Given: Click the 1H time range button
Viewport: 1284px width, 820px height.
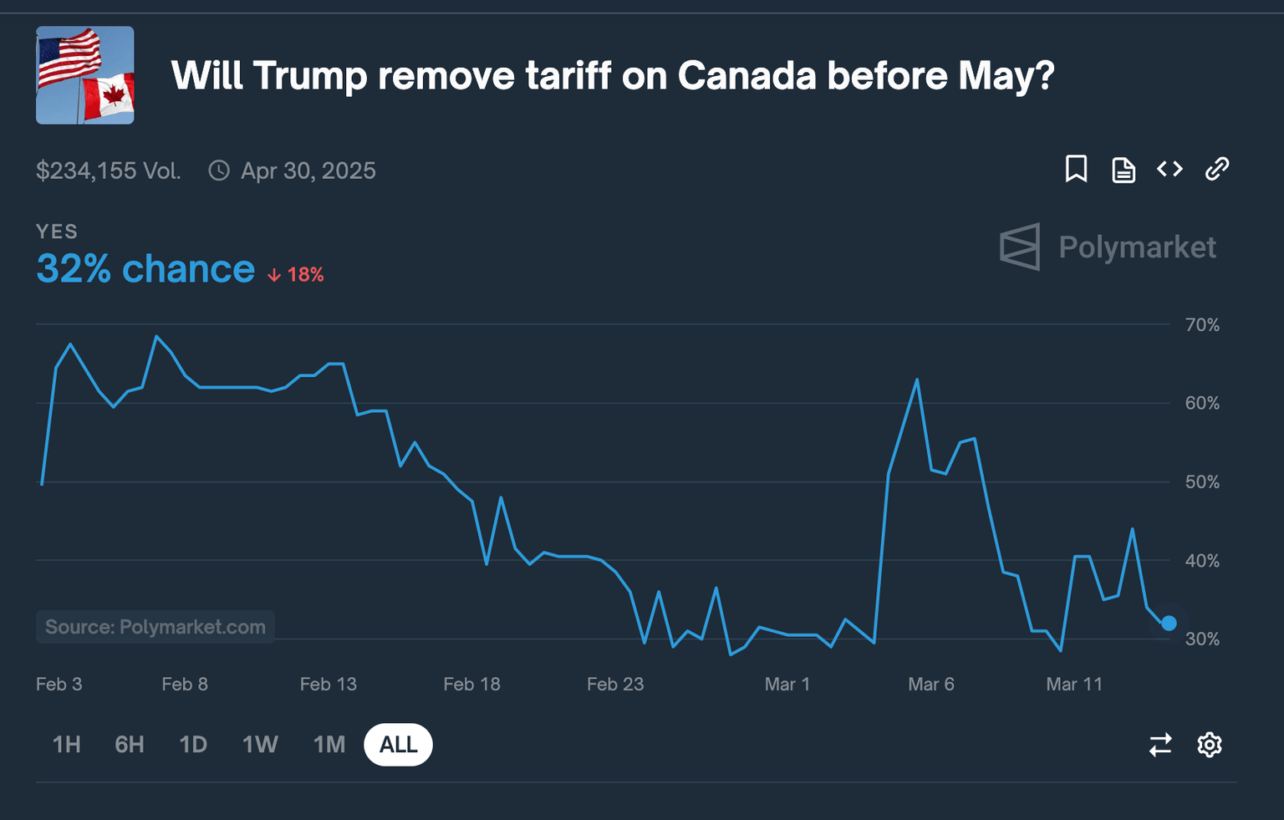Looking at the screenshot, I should point(67,744).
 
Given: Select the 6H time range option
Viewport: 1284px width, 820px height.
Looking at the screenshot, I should point(130,744).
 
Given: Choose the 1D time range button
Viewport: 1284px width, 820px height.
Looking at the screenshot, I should point(193,744).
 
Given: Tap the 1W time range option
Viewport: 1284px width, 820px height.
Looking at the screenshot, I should point(260,744).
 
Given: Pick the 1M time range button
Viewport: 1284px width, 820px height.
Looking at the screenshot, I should point(329,744).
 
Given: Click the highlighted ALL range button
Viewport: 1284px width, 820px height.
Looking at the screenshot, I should point(398,744).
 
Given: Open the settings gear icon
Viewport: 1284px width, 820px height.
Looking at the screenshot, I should point(1210,744).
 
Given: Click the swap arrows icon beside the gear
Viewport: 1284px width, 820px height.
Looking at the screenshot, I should point(1160,744).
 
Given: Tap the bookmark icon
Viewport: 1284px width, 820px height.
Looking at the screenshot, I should point(1076,169).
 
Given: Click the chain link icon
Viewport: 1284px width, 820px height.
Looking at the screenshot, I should point(1216,169).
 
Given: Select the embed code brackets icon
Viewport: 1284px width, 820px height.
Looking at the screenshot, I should point(1169,169).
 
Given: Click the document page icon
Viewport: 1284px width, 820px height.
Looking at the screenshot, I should point(1123,170).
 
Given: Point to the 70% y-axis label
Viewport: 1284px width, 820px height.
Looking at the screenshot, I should point(1202,325).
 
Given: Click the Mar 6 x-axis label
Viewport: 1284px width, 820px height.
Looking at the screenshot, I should point(930,684).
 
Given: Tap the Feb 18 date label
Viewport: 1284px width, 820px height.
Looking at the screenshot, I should point(471,684).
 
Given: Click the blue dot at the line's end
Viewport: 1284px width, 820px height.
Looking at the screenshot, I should point(1169,623).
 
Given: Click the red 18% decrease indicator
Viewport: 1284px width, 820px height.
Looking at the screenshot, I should point(296,275).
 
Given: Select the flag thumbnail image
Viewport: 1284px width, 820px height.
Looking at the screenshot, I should point(85,75).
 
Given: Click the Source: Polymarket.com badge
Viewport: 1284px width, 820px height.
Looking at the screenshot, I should point(155,627).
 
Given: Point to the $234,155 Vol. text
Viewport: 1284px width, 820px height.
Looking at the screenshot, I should point(109,171).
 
